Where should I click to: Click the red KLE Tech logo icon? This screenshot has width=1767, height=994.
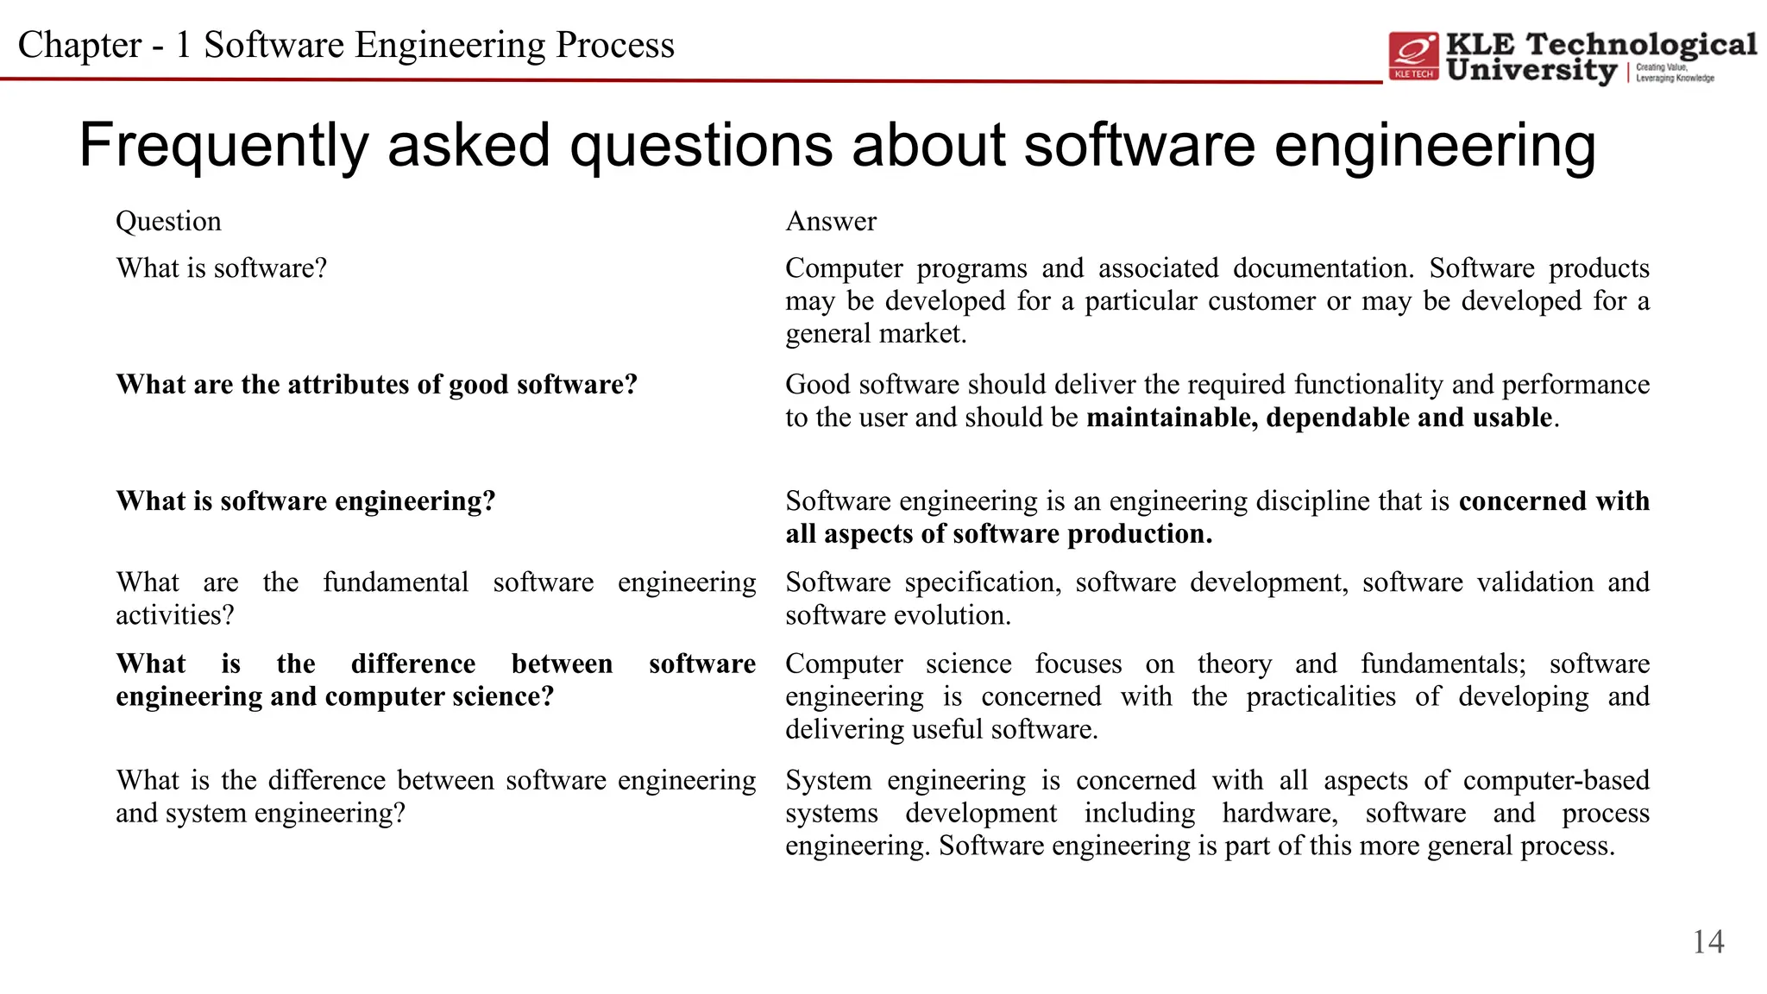[1413, 56]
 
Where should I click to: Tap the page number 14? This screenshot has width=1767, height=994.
[1707, 941]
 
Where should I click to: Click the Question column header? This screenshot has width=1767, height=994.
[168, 222]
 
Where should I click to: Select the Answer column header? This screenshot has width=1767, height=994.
[831, 222]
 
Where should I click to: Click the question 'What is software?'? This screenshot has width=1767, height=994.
[222, 268]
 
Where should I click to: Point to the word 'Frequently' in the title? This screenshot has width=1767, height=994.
[223, 145]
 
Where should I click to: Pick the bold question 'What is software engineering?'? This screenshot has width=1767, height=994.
[305, 501]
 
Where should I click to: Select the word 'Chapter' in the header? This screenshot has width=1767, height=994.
[79, 45]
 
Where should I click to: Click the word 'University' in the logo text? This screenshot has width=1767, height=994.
[1531, 71]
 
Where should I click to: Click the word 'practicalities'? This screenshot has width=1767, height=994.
[1320, 696]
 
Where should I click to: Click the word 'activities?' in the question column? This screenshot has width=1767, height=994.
[175, 615]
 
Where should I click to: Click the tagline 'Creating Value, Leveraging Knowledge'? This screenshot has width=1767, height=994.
[1674, 72]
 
